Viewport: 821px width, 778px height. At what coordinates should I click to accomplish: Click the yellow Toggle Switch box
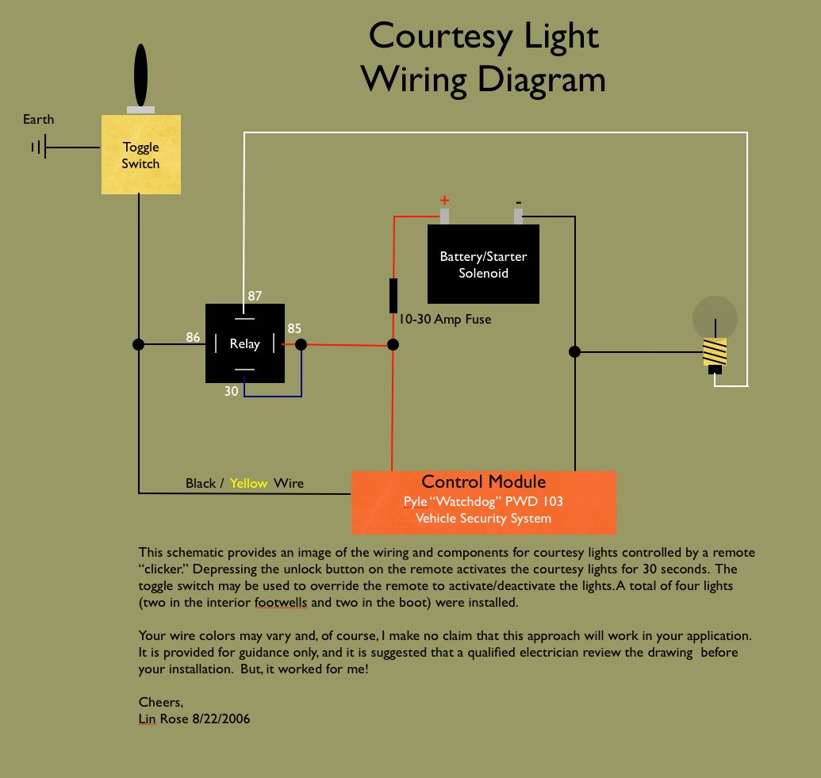pyautogui.click(x=141, y=155)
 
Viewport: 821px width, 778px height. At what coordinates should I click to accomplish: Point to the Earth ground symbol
pyautogui.click(x=38, y=147)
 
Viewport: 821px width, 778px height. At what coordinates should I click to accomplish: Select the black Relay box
pyautogui.click(x=244, y=343)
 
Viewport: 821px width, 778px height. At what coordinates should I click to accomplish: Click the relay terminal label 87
pyautogui.click(x=255, y=296)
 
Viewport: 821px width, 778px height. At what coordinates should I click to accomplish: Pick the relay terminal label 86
pyautogui.click(x=193, y=337)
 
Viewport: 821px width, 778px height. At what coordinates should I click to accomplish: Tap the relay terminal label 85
pyautogui.click(x=294, y=328)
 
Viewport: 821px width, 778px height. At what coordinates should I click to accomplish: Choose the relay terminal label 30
pyautogui.click(x=231, y=391)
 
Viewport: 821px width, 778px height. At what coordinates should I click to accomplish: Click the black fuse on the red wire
pyautogui.click(x=393, y=295)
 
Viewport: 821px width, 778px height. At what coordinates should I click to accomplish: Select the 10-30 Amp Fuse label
pyautogui.click(x=445, y=320)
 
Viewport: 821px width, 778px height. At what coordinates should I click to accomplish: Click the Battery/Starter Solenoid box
pyautogui.click(x=483, y=264)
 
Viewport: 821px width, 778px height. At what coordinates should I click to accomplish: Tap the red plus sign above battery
pyautogui.click(x=444, y=200)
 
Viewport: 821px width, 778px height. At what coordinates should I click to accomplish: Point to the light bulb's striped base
pyautogui.click(x=715, y=351)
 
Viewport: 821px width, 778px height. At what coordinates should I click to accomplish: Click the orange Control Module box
pyautogui.click(x=483, y=502)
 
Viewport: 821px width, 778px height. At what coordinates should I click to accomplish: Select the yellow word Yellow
pyautogui.click(x=249, y=483)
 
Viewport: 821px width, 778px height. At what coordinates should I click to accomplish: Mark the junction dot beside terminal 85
pyautogui.click(x=301, y=344)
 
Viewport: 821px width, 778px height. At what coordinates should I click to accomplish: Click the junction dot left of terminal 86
pyautogui.click(x=139, y=344)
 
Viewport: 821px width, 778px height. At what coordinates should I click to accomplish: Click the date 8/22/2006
pyautogui.click(x=221, y=719)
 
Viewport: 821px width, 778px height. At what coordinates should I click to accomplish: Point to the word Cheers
pyautogui.click(x=160, y=703)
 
